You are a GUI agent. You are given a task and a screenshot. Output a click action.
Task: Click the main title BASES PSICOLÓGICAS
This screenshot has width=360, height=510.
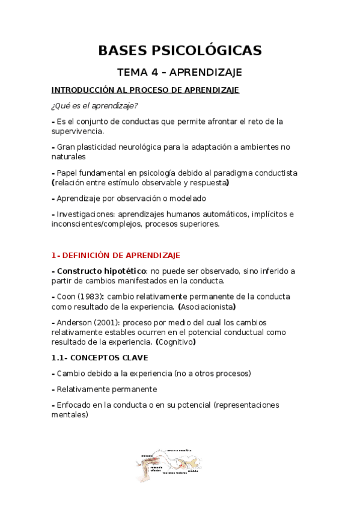pyautogui.click(x=180, y=51)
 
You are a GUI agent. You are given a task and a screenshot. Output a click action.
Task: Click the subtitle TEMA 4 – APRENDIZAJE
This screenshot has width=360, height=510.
pyautogui.click(x=180, y=72)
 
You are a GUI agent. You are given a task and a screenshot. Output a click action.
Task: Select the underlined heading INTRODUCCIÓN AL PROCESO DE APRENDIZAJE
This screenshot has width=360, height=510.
pyautogui.click(x=145, y=90)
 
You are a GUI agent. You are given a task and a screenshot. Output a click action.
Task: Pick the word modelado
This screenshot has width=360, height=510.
pyautogui.click(x=186, y=198)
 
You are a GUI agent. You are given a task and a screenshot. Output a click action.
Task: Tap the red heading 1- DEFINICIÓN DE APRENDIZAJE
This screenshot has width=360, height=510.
pyautogui.click(x=115, y=255)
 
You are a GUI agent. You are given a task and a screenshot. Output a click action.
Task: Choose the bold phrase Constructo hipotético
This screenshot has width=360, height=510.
pyautogui.click(x=100, y=271)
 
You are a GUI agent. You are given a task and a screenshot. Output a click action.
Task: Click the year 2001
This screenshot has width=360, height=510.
pyautogui.click(x=106, y=322)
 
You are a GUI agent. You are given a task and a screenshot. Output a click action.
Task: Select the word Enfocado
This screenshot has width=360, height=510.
pyautogui.click(x=75, y=405)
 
